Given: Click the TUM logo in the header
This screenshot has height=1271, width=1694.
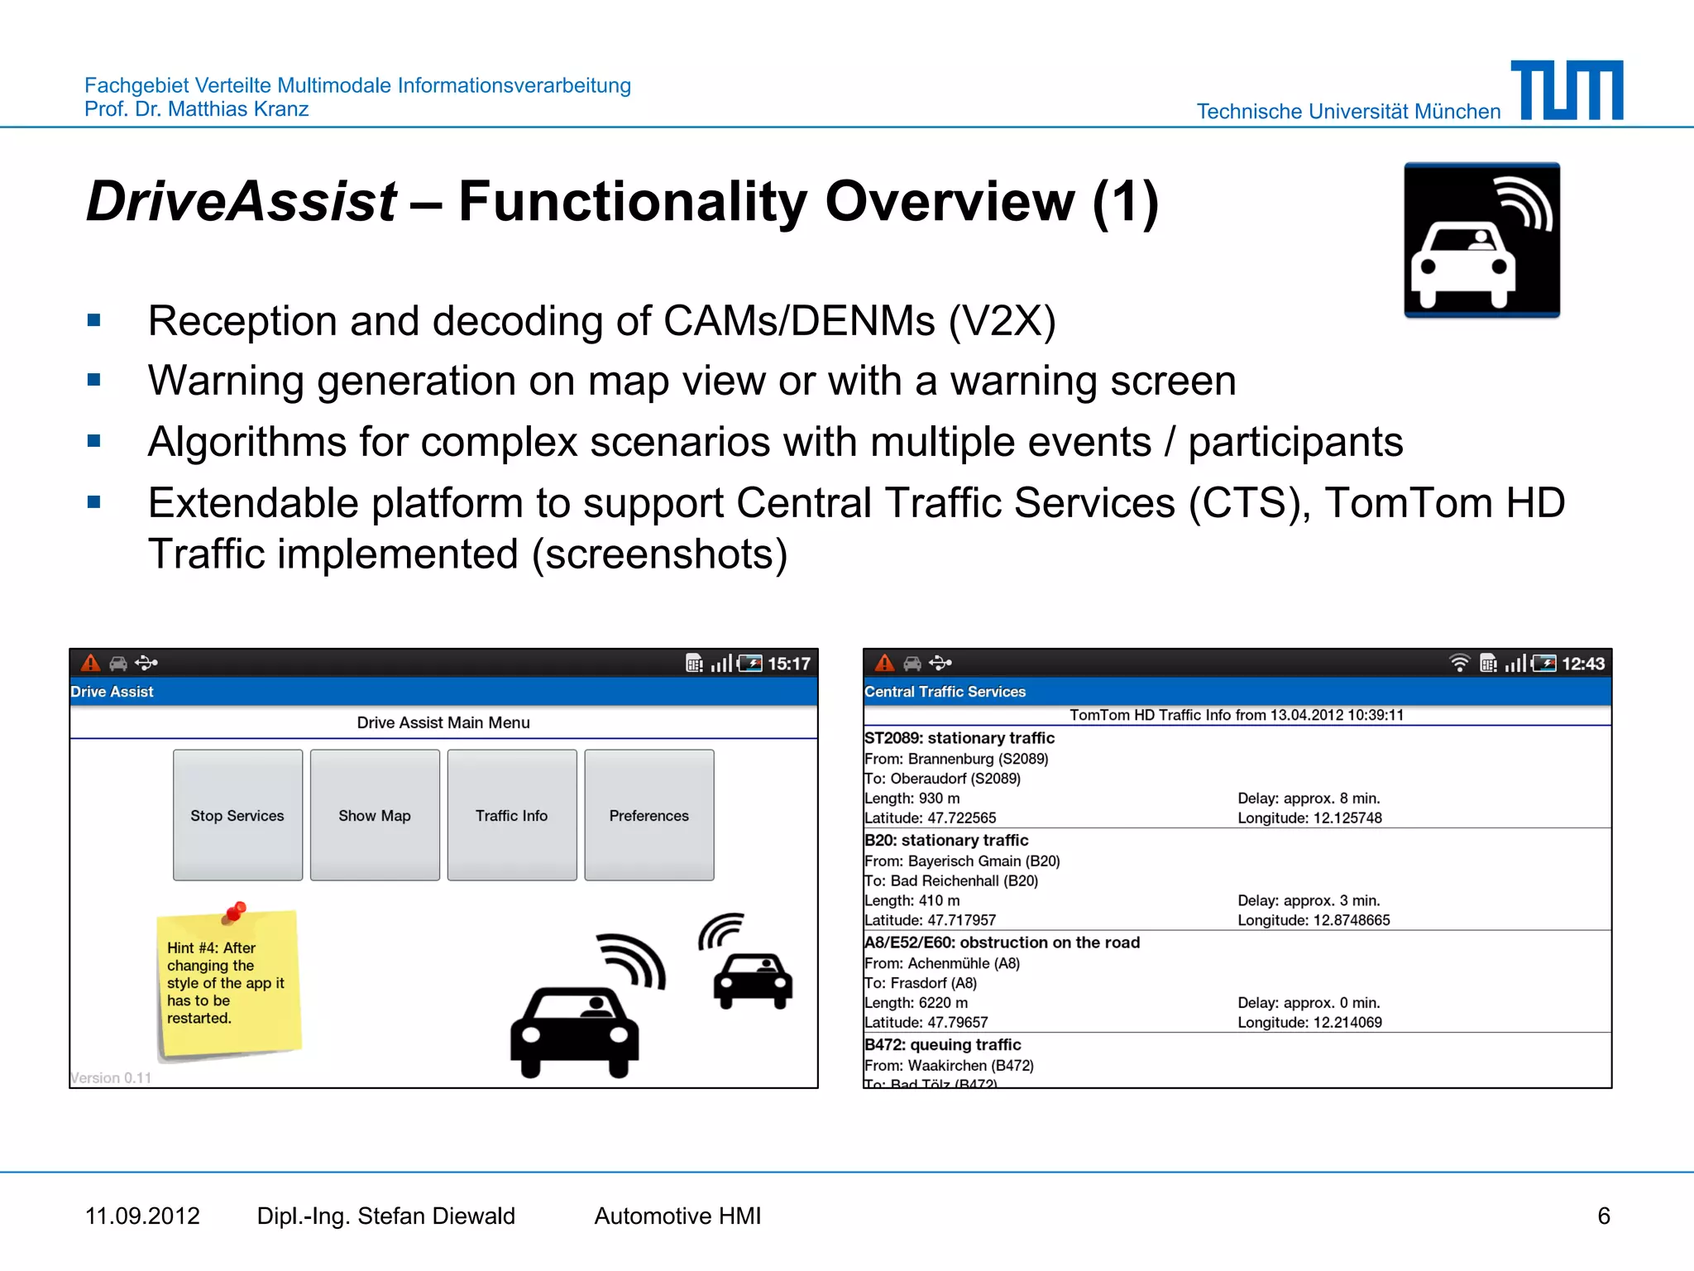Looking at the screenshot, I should tap(1567, 90).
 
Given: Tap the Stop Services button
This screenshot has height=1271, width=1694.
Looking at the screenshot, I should tap(237, 815).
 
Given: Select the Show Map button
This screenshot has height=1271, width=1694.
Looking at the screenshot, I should tap(375, 815).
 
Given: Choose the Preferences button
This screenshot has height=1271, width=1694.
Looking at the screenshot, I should tap(649, 815).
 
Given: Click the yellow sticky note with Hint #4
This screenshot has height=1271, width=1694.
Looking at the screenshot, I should tap(227, 985).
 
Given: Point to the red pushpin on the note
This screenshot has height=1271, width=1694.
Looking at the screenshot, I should tap(236, 911).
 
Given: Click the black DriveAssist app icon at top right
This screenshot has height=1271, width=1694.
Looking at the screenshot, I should tap(1481, 240).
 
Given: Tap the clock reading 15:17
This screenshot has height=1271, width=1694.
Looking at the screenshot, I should tap(788, 664).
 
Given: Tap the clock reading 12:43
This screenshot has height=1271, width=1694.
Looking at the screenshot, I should tap(1582, 664).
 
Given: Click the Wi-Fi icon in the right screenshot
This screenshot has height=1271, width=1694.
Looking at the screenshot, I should tap(1459, 663).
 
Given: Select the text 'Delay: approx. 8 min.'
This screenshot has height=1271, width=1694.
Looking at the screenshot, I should tap(1309, 799).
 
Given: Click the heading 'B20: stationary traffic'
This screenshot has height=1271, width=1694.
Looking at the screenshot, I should tap(946, 840).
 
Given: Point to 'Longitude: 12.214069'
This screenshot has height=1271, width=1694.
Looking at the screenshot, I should tap(1309, 1023).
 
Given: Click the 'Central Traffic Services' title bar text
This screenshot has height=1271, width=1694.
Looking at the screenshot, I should tap(945, 692).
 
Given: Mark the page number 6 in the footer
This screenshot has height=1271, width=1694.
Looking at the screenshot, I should tap(1603, 1216).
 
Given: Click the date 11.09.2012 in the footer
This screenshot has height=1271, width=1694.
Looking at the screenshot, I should tap(142, 1216).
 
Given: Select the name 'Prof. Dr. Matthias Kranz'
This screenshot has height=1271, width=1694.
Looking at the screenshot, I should tap(197, 109).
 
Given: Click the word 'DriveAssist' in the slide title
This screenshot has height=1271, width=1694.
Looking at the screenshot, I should tap(242, 201).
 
